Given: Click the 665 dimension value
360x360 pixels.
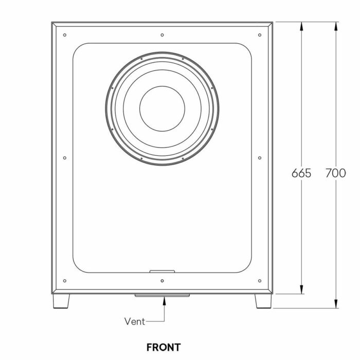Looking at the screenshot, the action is tap(301, 173).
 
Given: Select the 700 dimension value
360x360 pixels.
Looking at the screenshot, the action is tap(335, 173).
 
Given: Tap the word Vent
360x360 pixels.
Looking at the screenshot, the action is tap(135, 321).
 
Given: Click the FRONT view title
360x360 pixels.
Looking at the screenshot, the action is tap(164, 347).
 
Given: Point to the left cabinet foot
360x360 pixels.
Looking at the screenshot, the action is tap(61, 301).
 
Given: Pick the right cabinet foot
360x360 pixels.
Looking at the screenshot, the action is tap(263, 301).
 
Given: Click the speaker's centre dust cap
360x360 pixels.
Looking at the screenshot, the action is tap(162, 109).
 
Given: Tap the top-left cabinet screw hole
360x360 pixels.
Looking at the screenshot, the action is tap(65, 35).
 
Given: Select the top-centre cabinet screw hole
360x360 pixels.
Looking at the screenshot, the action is tap(162, 35).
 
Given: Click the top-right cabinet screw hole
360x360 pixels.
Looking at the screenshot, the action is tap(260, 35).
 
